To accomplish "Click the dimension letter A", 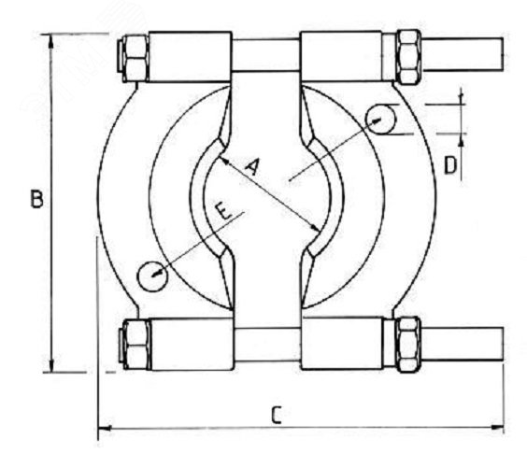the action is pos(252,167).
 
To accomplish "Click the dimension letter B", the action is pos(37,199).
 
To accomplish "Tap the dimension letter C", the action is pos(276,415).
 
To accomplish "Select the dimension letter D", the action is pos(450,165).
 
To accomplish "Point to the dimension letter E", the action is pos(223,211).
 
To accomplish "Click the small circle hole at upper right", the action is pos(381,120).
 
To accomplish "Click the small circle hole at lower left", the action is pos(152,276).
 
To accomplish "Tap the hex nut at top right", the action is pos(408,56).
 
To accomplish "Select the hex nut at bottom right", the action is pos(408,345).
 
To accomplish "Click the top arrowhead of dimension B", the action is pos(50,39).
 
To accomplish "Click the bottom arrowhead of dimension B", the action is pos(51,365).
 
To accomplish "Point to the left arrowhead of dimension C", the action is pos(105,428).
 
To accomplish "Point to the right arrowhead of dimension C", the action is pos(497,427).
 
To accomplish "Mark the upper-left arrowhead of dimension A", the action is pos(224,161).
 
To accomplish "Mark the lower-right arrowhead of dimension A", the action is pos(315,228).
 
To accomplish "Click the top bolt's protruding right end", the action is pos(463,54).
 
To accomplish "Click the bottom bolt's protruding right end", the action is pos(463,344).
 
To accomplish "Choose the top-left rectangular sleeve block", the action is pos(191,57).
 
